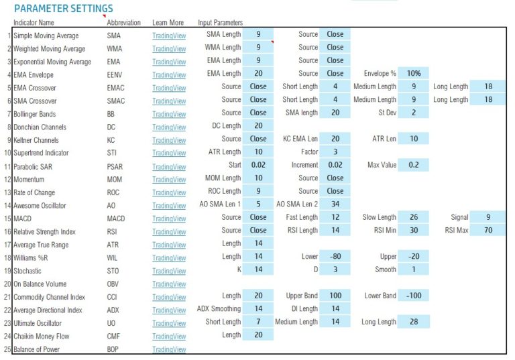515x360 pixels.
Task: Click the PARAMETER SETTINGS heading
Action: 63,9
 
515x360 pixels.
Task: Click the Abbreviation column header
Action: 123,23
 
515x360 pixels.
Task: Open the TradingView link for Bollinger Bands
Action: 169,114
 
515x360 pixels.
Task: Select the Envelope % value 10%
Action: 414,74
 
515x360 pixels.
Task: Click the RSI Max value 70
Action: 488,231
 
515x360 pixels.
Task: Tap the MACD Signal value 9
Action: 488,218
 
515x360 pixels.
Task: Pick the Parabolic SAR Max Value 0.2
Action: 414,166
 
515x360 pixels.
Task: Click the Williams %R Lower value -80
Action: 335,257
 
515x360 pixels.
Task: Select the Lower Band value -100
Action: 414,296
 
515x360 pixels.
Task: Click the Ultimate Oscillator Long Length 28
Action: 414,322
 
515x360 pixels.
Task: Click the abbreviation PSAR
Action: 115,166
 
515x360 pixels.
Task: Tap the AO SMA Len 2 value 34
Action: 335,204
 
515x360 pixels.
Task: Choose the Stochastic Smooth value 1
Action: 414,270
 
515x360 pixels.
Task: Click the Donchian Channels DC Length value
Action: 258,126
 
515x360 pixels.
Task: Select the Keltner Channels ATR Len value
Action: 414,139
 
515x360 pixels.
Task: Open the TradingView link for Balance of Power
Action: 169,349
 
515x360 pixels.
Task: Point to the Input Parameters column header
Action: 220,23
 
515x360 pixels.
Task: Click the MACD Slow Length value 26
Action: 414,218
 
